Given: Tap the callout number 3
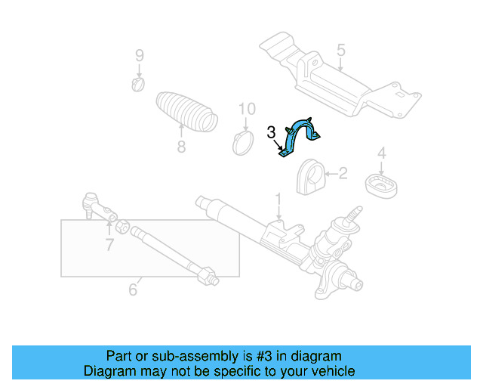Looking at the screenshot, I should pyautogui.click(x=271, y=133).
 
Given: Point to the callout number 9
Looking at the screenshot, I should pyautogui.click(x=139, y=54).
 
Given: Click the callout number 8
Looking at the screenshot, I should pyautogui.click(x=181, y=147).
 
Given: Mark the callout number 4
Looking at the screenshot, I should pyautogui.click(x=381, y=153).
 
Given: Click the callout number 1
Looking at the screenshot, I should pyautogui.click(x=278, y=201).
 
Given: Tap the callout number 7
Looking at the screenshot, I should pyautogui.click(x=109, y=243).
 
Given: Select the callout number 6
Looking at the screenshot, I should pyautogui.click(x=133, y=289).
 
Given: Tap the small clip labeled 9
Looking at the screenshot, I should pyautogui.click(x=138, y=82).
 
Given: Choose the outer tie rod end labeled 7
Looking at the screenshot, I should pyautogui.click(x=94, y=206).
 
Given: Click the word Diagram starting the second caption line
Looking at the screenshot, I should pyautogui.click(x=109, y=371).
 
